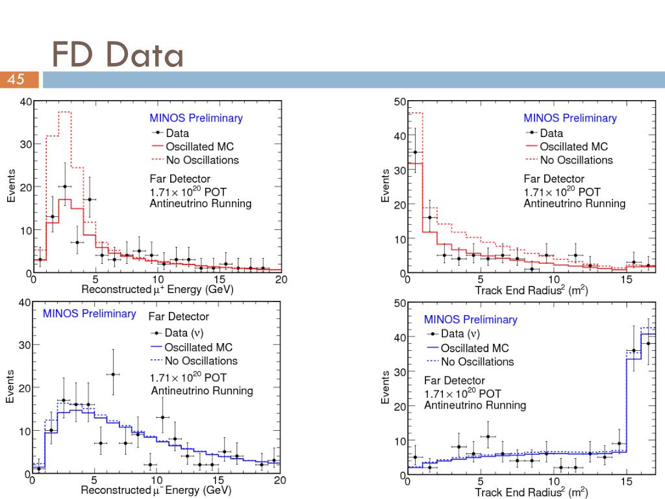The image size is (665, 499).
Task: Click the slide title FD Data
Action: coord(118,55)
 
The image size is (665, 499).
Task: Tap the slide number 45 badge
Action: coord(16,80)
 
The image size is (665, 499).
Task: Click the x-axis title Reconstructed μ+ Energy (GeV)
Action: coord(157,289)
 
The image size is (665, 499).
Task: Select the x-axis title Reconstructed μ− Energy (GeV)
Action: coord(156,490)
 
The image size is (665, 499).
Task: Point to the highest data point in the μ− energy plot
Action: coord(113,374)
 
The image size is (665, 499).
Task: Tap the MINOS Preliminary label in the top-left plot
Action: coord(196,118)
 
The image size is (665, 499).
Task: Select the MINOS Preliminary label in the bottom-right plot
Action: coord(470,320)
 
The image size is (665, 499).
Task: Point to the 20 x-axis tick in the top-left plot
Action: coord(281,279)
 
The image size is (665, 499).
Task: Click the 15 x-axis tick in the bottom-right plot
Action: coord(626,481)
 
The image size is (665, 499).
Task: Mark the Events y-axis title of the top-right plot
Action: coord(385,186)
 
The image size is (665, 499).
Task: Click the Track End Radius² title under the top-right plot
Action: coord(531,290)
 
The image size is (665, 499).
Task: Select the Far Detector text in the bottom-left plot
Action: coord(179,316)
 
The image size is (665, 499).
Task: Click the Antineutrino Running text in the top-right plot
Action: coord(575,203)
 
